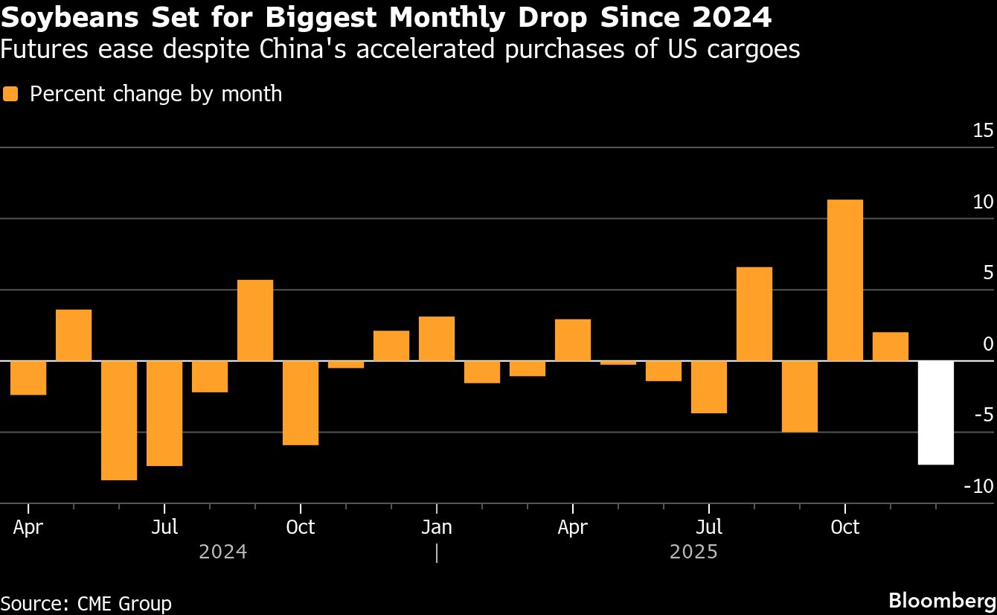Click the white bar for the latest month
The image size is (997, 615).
coord(935,412)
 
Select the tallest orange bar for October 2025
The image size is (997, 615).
coord(844,280)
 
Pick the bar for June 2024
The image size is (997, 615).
coord(119,420)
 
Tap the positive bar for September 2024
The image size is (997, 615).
coord(255,320)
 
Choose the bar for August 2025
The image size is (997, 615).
coord(754,313)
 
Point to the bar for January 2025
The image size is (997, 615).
coord(437,339)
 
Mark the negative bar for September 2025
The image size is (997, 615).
coord(799,396)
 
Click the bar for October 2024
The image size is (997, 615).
coord(301,403)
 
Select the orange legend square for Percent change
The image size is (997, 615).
coord(10,94)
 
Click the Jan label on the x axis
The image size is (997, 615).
coord(436,527)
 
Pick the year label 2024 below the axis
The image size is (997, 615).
coord(222,552)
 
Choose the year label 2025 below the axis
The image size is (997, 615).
coord(693,552)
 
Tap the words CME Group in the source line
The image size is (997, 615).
coord(124,603)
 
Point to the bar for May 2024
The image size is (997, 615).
coord(74,335)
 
